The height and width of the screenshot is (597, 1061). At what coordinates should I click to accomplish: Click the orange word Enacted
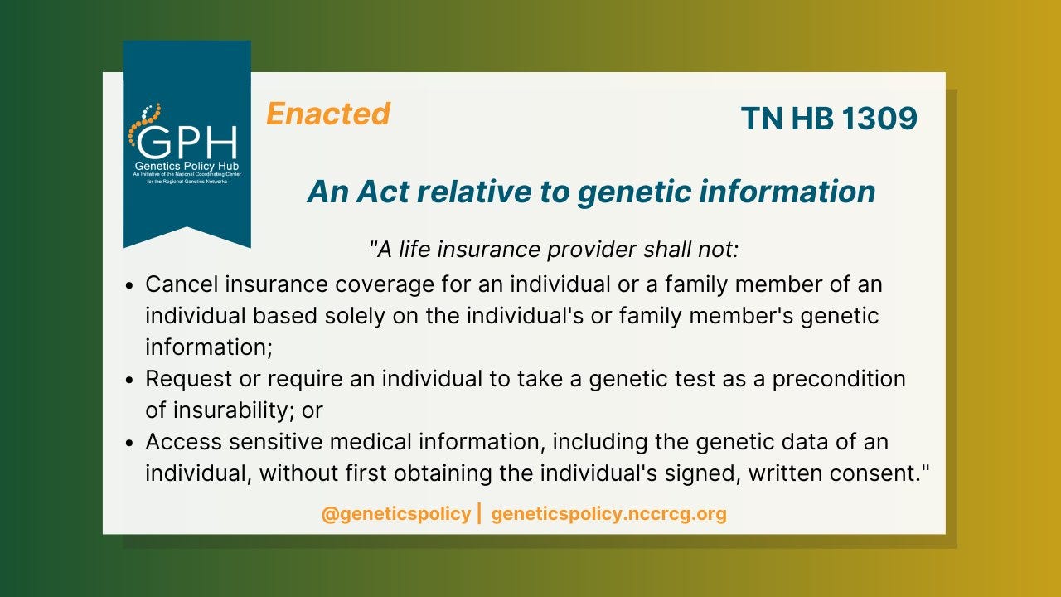[x=328, y=114]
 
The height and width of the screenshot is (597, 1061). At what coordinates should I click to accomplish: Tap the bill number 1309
[x=879, y=118]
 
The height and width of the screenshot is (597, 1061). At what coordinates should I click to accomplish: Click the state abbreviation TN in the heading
[x=762, y=118]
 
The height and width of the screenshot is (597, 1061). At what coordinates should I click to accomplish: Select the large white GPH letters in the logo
[x=187, y=142]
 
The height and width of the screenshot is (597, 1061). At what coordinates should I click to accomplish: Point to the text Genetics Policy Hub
[x=187, y=166]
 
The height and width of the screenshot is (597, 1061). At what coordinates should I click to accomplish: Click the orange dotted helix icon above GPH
[x=144, y=124]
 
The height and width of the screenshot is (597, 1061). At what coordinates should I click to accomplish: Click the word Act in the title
[x=383, y=192]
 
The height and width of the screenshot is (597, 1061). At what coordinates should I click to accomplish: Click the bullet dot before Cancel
[x=130, y=286]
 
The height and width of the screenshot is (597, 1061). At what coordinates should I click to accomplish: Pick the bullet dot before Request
[x=130, y=380]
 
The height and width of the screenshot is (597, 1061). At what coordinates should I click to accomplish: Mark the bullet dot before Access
[x=130, y=443]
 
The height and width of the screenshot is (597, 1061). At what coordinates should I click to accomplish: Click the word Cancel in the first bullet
[x=182, y=284]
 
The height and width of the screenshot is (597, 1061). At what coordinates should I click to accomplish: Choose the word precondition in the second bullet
[x=839, y=379]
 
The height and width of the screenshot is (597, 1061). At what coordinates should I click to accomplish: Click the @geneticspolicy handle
[x=396, y=514]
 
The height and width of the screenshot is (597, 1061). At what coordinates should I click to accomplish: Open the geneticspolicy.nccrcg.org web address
[x=608, y=514]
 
